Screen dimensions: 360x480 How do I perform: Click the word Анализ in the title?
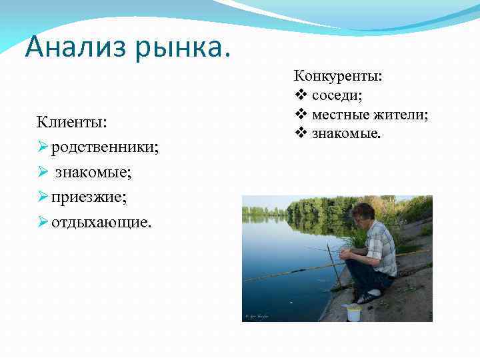(x=71, y=47)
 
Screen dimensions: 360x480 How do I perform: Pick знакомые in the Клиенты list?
(x=93, y=172)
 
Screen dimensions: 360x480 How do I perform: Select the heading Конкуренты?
(x=338, y=77)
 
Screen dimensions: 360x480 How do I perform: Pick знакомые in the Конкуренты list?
(x=347, y=134)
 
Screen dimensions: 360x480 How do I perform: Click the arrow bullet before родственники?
(x=43, y=147)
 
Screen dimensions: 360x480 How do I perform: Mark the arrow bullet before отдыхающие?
(x=43, y=221)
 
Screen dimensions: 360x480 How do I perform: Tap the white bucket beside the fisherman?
(x=353, y=313)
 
